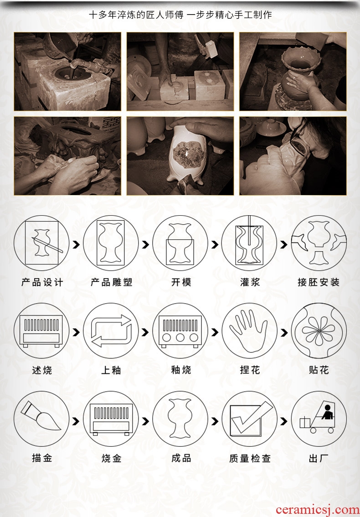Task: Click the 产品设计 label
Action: pyautogui.click(x=42, y=282)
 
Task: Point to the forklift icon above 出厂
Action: pyautogui.click(x=319, y=419)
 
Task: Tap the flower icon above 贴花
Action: pyautogui.click(x=319, y=331)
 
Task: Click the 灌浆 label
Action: pyautogui.click(x=250, y=282)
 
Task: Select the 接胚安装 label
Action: pyautogui.click(x=319, y=282)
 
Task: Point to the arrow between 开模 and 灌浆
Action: pyautogui.click(x=215, y=244)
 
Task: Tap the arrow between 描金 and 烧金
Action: pyautogui.click(x=76, y=421)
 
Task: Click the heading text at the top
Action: pyautogui.click(x=180, y=15)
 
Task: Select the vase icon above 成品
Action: pyautogui.click(x=180, y=419)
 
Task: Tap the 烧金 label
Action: pyautogui.click(x=112, y=458)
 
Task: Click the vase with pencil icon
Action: pyautogui.click(x=41, y=243)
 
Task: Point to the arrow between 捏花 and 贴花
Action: pyautogui.click(x=284, y=332)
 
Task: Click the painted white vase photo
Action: pyautogui.click(x=180, y=155)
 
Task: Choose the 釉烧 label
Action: pyautogui.click(x=180, y=370)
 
